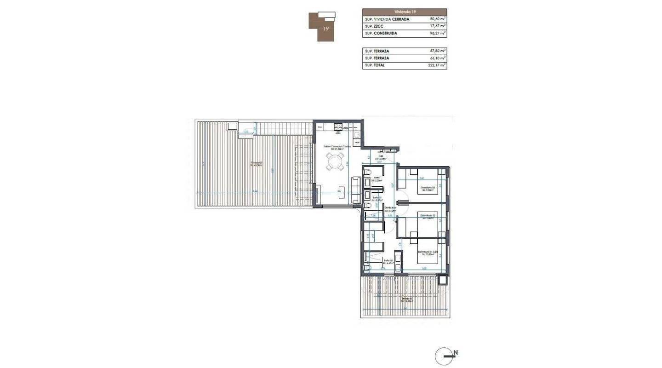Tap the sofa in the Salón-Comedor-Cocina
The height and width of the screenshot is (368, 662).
pyautogui.click(x=356, y=190)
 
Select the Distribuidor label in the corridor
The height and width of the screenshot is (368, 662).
pyautogui.click(x=390, y=209)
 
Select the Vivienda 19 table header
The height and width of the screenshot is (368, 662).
pyautogui.click(x=404, y=12)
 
